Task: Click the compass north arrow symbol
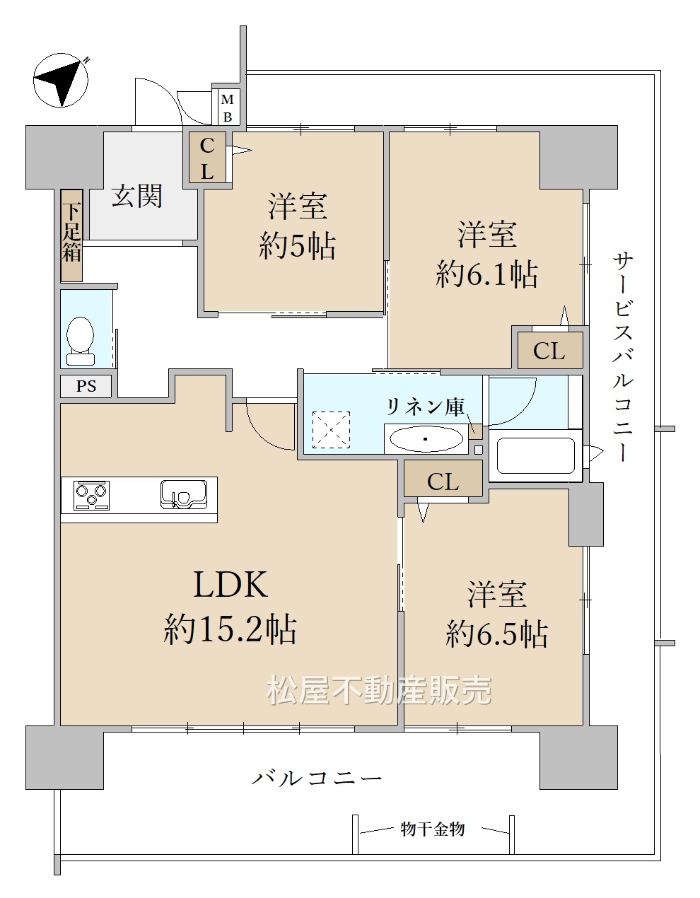61,80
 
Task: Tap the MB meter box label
227,108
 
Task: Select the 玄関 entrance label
136,195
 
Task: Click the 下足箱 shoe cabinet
72,235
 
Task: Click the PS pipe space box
86,386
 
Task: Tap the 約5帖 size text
297,246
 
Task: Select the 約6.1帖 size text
486,274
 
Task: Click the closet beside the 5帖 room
207,158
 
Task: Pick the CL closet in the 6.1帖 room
549,351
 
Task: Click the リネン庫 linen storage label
425,407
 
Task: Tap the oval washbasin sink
426,439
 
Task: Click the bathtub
536,455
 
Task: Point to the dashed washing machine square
331,430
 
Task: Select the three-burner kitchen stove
91,496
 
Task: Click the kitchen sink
184,494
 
